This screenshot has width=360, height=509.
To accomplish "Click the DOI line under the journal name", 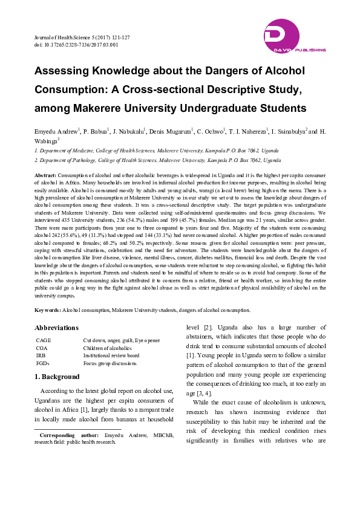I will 76,44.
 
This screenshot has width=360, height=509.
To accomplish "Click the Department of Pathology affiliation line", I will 157,161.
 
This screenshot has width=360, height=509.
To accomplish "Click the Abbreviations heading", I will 56,328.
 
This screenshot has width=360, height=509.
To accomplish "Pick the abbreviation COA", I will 42,348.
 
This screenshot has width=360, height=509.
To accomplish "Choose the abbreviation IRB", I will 41,355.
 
